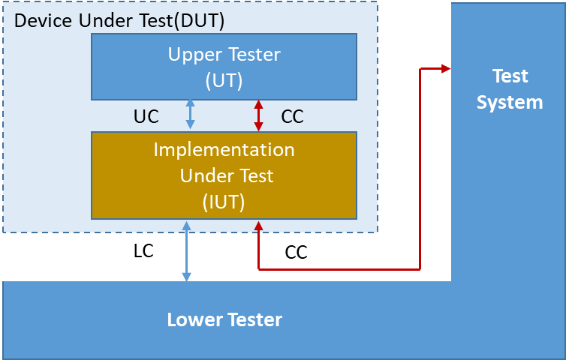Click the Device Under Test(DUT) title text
point(119,20)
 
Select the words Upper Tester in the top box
point(224,55)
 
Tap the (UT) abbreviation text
point(224,79)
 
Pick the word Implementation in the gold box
point(224,149)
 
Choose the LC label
point(143,251)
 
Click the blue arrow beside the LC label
point(186,251)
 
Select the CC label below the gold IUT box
point(296,253)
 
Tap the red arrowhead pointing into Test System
point(445,69)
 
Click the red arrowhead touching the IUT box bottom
point(258,225)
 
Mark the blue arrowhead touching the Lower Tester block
point(186,277)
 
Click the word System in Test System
point(510,102)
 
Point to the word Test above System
point(510,76)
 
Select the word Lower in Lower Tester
point(189,320)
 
